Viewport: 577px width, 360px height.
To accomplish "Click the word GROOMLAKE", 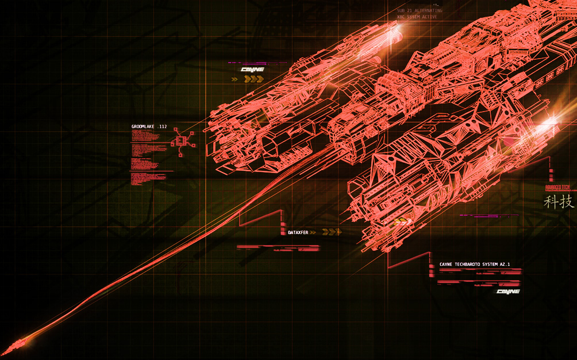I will [143, 127].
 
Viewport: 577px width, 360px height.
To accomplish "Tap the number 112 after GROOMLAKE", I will [163, 127].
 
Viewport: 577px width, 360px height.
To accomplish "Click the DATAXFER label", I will [298, 232].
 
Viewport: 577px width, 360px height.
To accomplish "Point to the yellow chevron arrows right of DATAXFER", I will [332, 232].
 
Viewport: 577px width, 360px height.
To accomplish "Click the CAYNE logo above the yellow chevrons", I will [252, 70].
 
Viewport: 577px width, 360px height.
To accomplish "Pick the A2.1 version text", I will [505, 265].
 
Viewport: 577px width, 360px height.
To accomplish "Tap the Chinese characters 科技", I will [559, 202].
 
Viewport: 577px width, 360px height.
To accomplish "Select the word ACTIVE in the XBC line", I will [429, 17].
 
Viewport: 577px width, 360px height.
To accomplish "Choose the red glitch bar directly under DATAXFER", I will [278, 247].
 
